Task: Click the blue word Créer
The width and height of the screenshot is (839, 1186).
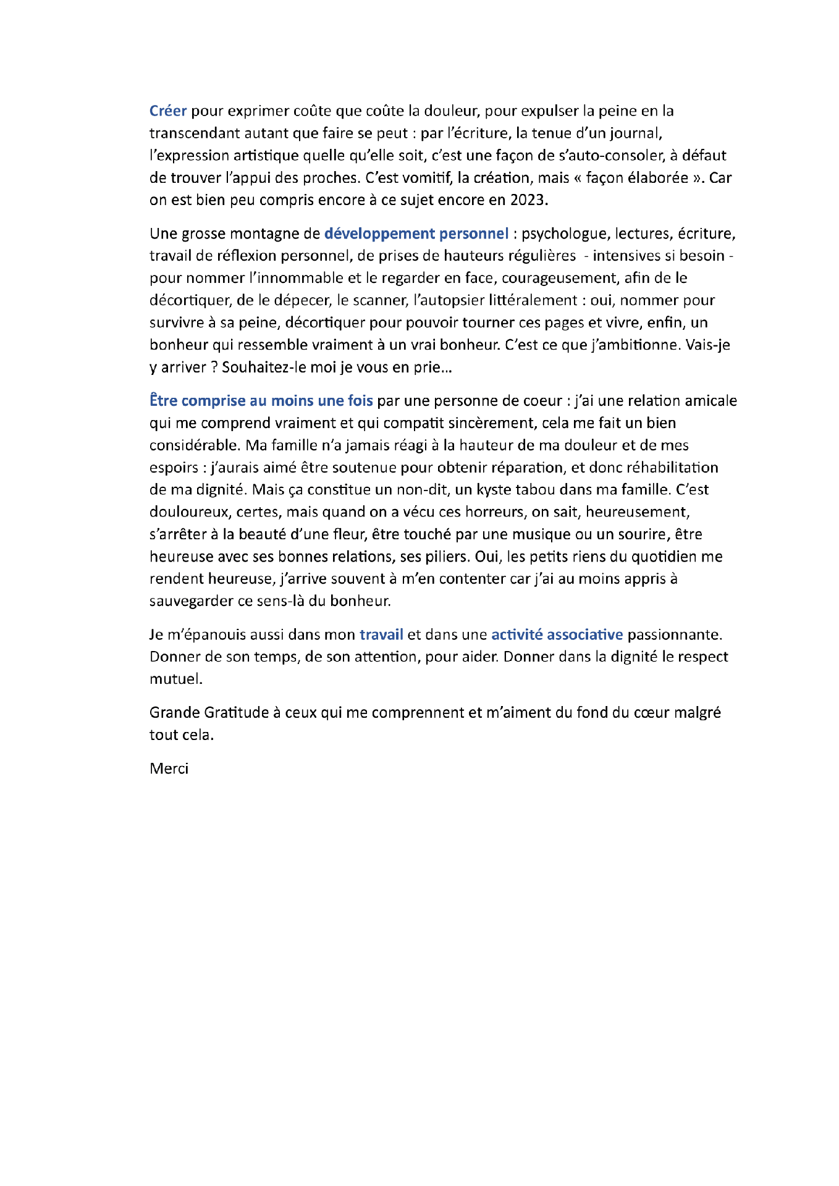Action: point(168,111)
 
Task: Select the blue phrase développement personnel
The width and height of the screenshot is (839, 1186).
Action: point(416,234)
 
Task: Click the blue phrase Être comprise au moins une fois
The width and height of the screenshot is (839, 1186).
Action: point(261,401)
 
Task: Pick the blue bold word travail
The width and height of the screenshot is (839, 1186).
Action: point(381,635)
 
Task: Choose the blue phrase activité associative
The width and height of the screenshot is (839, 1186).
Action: point(557,635)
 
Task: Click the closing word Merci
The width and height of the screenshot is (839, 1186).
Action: point(169,769)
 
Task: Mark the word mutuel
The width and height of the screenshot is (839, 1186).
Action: point(175,679)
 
